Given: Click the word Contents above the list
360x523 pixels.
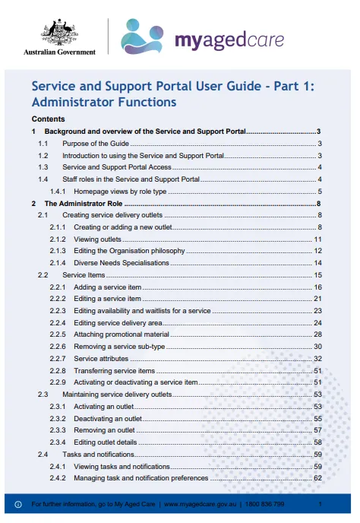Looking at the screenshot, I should (48, 119).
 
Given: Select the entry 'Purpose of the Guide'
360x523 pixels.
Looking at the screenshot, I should (96, 143).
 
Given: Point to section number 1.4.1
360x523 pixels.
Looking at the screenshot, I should (58, 192).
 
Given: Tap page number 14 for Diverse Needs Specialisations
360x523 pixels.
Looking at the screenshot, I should (319, 263).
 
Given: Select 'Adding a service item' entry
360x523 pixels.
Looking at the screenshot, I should (108, 287).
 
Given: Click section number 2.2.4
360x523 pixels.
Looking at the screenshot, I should (58, 322).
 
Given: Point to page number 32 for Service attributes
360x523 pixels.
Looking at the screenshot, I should (319, 358).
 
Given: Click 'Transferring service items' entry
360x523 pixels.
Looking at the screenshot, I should (115, 370).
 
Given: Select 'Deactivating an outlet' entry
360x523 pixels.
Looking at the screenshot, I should (112, 418).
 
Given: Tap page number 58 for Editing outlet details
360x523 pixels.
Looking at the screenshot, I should (319, 442).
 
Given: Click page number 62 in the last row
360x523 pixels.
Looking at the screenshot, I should (319, 478).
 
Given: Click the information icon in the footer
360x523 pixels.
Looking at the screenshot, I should (17, 504).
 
